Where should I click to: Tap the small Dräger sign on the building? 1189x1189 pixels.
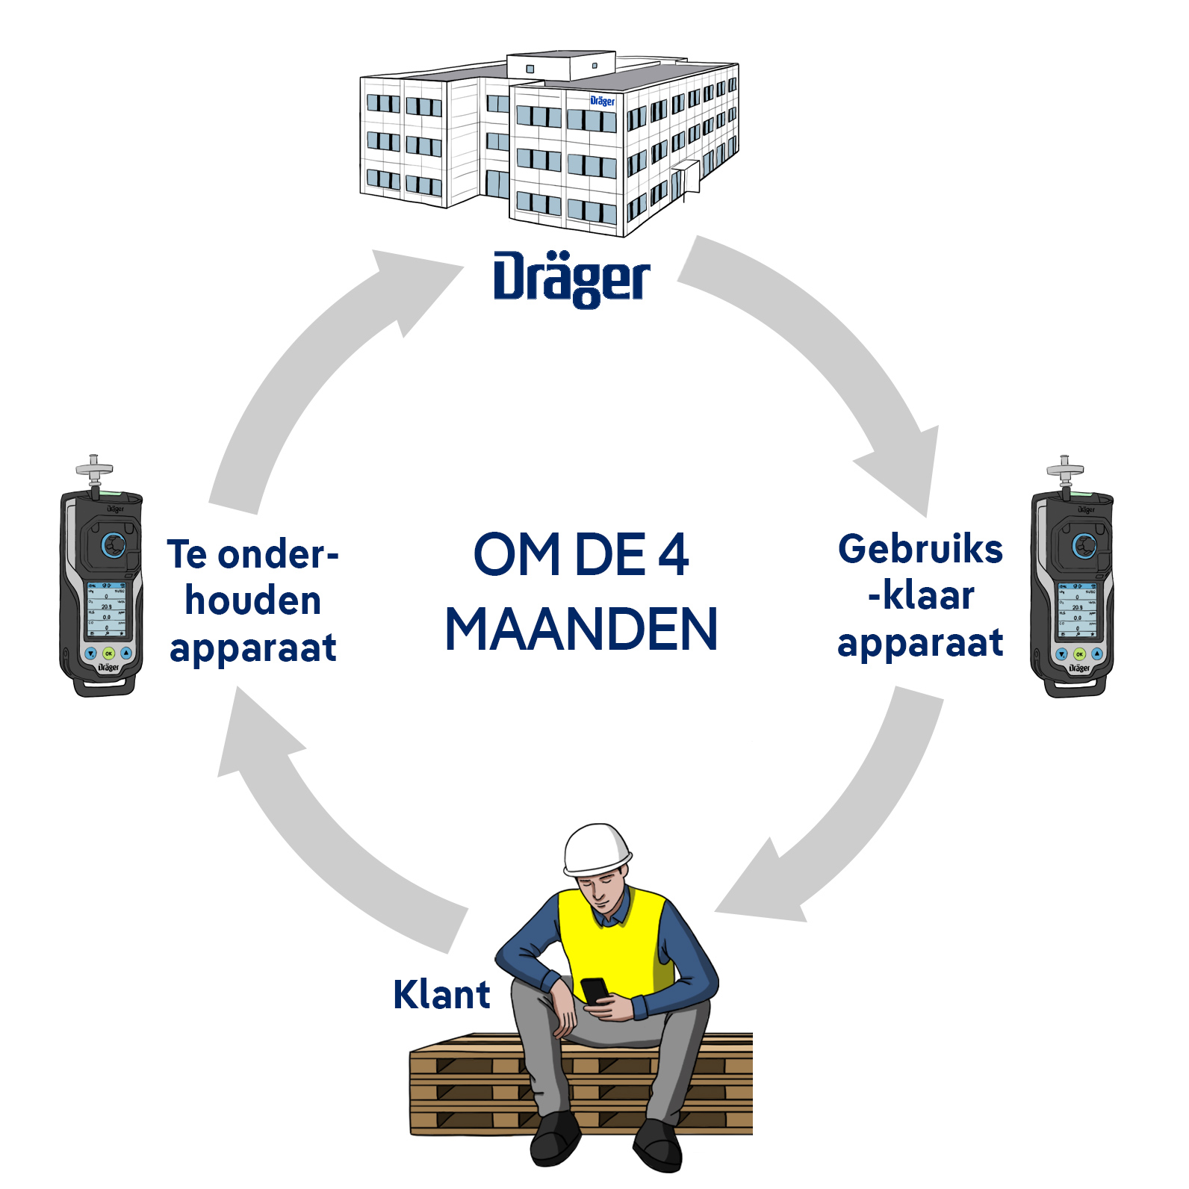pyautogui.click(x=602, y=101)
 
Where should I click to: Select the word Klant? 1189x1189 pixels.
pyautogui.click(x=441, y=995)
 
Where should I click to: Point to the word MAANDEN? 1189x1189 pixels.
pyautogui.click(x=581, y=629)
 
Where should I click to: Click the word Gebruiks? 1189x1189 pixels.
pyautogui.click(x=920, y=549)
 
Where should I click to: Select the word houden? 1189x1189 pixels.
pyautogui.click(x=253, y=601)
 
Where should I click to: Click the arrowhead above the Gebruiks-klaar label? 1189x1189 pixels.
pyautogui.click(x=904, y=467)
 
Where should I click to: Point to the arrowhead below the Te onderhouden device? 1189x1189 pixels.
pyautogui.click(x=254, y=736)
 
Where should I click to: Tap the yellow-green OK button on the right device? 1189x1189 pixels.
pyautogui.click(x=1079, y=654)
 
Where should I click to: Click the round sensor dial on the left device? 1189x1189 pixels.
pyautogui.click(x=114, y=545)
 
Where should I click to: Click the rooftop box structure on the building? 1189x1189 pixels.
pyautogui.click(x=560, y=66)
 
